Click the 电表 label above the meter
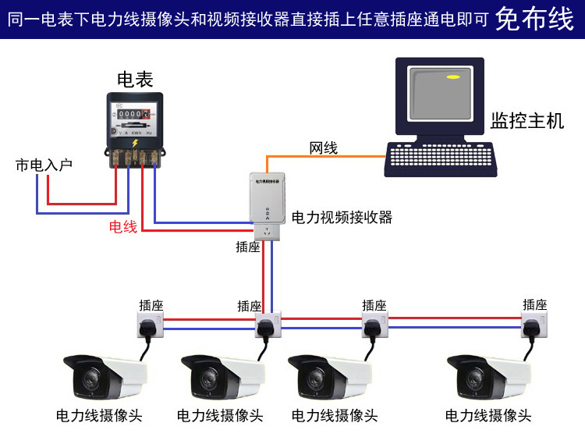(x=135, y=79)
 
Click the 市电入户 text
(x=44, y=165)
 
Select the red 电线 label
(x=123, y=227)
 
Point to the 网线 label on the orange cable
(x=324, y=147)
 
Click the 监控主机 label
(x=526, y=122)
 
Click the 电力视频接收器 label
(x=342, y=217)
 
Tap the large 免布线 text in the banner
(x=534, y=19)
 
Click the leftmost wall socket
(x=150, y=325)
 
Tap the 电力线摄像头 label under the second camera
(x=220, y=416)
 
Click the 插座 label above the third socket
(x=374, y=306)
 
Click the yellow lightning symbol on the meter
(x=135, y=142)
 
